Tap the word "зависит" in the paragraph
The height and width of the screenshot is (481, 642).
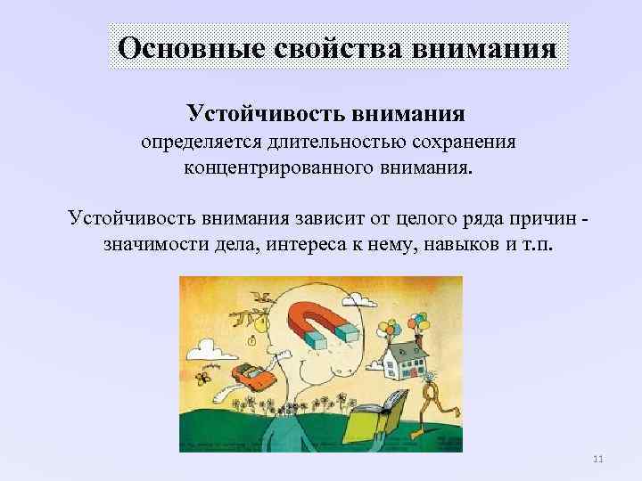point(325,219)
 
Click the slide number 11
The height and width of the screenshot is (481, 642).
point(598,460)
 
